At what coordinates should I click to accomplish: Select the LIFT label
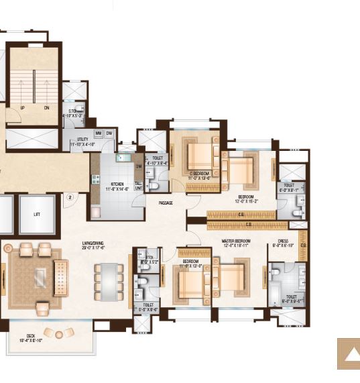[37, 215]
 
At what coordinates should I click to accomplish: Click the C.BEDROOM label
[200, 174]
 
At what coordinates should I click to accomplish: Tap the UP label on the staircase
[23, 108]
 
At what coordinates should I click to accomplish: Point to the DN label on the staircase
[46, 108]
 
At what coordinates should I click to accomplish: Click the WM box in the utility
[98, 133]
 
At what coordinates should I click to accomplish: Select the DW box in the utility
[109, 133]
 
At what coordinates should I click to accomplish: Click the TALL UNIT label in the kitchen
[138, 186]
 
